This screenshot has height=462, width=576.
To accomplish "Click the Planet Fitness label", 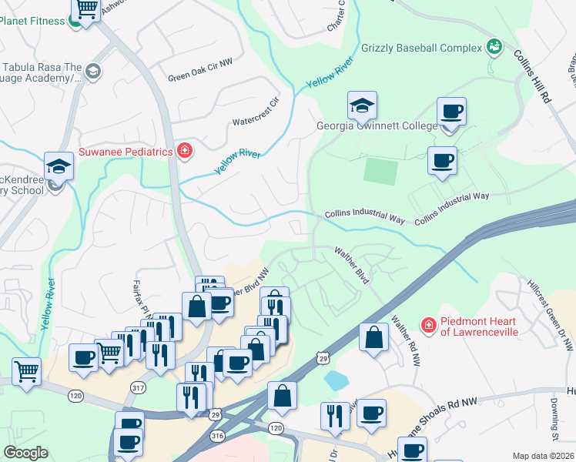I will tap(32, 21).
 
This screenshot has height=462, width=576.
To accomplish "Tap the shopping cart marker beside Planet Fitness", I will tap(87, 10).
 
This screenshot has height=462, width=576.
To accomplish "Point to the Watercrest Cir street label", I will tap(259, 113).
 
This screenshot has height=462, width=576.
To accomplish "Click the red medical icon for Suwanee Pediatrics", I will tap(184, 151).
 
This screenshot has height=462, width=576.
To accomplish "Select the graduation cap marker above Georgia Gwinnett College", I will tap(363, 105).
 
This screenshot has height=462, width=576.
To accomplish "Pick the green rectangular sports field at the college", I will tap(380, 170).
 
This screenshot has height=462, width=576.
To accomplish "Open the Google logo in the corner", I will tap(25, 453).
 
